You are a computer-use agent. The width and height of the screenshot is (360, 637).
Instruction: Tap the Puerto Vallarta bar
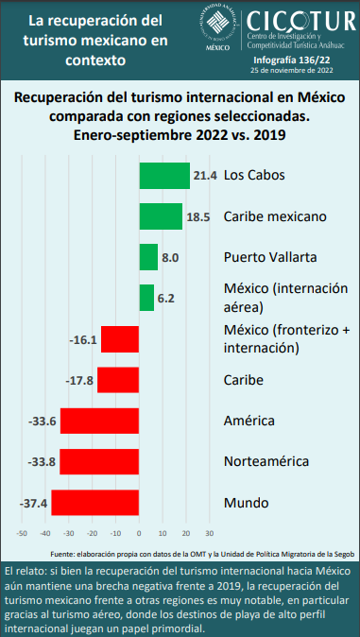click(148, 257)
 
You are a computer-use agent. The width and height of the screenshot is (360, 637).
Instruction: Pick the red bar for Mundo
click(94, 503)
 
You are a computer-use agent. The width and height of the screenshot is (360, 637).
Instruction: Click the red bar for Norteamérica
click(99, 462)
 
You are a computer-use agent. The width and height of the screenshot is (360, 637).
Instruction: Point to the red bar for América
click(99, 422)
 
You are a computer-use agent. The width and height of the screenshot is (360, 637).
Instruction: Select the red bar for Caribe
click(118, 380)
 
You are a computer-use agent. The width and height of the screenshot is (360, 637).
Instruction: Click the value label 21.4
click(206, 176)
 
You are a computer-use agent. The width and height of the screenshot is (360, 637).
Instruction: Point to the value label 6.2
click(166, 298)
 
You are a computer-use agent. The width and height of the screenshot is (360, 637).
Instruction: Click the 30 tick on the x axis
click(210, 533)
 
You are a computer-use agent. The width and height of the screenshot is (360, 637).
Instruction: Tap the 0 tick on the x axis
click(139, 533)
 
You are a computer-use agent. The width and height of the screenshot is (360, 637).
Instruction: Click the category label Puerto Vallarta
click(270, 257)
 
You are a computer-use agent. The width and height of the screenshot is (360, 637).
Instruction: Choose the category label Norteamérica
click(266, 462)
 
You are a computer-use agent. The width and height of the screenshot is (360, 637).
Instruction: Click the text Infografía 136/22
click(305, 58)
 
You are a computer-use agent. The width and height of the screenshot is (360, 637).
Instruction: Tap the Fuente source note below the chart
click(200, 553)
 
